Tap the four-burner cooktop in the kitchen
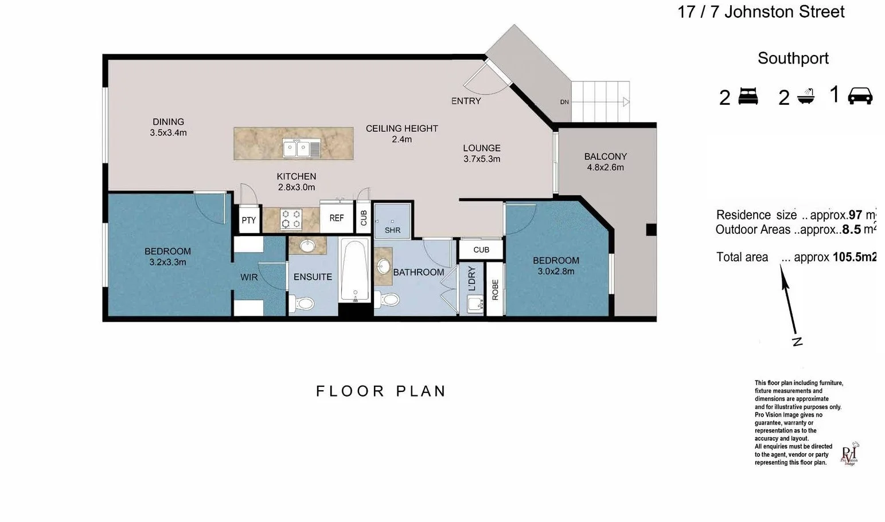point(291,219)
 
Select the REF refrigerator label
point(337,218)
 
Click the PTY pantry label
point(248,220)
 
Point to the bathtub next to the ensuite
point(354,270)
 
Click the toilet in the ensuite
point(302,303)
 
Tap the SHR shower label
point(392,230)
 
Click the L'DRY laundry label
point(472,278)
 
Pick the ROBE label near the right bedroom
point(495,289)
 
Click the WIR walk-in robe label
point(249,277)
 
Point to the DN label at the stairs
point(564,102)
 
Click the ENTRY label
point(466,101)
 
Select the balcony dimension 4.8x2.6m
point(605,167)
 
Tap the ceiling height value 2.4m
point(401,139)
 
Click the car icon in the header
point(860,96)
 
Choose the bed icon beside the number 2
point(748,96)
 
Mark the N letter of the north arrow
point(797,342)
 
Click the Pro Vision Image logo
point(849,454)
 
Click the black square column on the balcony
point(651,230)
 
